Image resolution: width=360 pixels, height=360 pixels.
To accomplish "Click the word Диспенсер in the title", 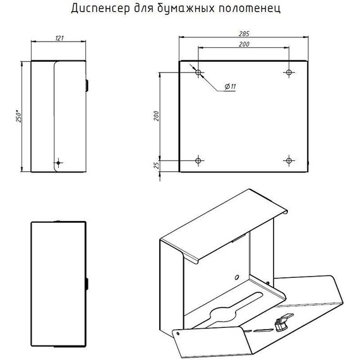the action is (100, 8).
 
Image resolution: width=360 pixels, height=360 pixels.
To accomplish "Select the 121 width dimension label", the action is (59, 38).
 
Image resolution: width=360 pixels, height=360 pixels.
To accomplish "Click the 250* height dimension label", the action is (19, 117).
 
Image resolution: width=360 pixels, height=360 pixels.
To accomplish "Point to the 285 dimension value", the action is (244, 33).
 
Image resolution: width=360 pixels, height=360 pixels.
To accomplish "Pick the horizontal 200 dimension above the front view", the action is (244, 44).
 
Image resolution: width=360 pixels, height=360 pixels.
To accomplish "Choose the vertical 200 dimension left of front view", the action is (156, 116).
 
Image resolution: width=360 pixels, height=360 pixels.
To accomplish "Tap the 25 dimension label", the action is (157, 165).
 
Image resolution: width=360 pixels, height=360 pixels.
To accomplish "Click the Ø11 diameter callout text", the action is (231, 87).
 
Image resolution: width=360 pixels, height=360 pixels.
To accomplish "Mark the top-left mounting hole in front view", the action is (198, 73).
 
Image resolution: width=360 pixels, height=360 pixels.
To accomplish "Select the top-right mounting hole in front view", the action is (289, 73).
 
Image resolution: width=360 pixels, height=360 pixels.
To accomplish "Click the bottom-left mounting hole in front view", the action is (198, 160).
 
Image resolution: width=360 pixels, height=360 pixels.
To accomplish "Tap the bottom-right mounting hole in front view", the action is (289, 160).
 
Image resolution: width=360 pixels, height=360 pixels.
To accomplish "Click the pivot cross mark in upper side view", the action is (58, 163).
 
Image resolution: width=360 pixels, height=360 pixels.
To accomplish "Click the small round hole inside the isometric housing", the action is (237, 277).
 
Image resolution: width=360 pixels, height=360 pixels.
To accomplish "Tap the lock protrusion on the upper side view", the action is (87, 86).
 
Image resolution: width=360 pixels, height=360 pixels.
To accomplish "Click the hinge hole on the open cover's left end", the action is (178, 333).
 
